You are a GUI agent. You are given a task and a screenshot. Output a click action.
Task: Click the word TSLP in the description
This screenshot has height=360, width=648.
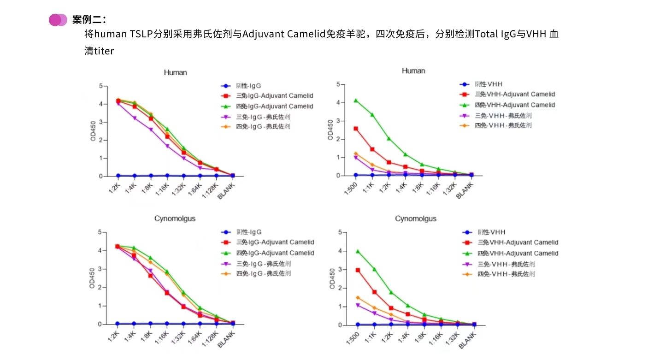point(141,34)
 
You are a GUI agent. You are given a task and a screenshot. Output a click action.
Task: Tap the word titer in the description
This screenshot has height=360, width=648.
point(104,51)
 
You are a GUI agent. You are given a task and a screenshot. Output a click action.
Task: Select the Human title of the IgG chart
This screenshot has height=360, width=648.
point(176,72)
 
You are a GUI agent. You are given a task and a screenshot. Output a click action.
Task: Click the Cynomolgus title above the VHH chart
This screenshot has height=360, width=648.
point(416,218)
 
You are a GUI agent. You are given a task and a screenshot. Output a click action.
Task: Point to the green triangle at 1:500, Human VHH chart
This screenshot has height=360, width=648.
point(356,100)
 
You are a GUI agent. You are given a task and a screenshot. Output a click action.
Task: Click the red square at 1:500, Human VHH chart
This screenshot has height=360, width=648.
point(356,129)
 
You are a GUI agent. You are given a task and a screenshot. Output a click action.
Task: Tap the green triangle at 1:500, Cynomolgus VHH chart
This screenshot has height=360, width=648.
point(358,251)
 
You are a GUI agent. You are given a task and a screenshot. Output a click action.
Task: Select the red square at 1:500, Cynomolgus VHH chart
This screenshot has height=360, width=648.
point(358,270)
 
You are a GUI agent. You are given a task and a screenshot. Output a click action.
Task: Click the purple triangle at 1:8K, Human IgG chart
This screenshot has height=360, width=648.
point(151,130)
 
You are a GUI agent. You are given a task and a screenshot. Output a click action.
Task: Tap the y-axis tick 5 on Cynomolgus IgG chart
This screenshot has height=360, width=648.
point(99,232)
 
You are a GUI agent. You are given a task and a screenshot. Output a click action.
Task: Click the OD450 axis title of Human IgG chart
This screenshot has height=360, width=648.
point(93,131)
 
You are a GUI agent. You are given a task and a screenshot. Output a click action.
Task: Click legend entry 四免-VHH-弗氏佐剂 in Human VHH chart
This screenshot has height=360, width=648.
point(503,125)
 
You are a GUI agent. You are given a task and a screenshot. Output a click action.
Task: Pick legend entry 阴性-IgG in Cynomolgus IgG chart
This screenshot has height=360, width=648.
point(249,232)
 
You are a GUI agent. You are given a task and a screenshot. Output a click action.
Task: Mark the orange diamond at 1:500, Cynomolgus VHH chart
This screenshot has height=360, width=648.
point(358,297)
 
